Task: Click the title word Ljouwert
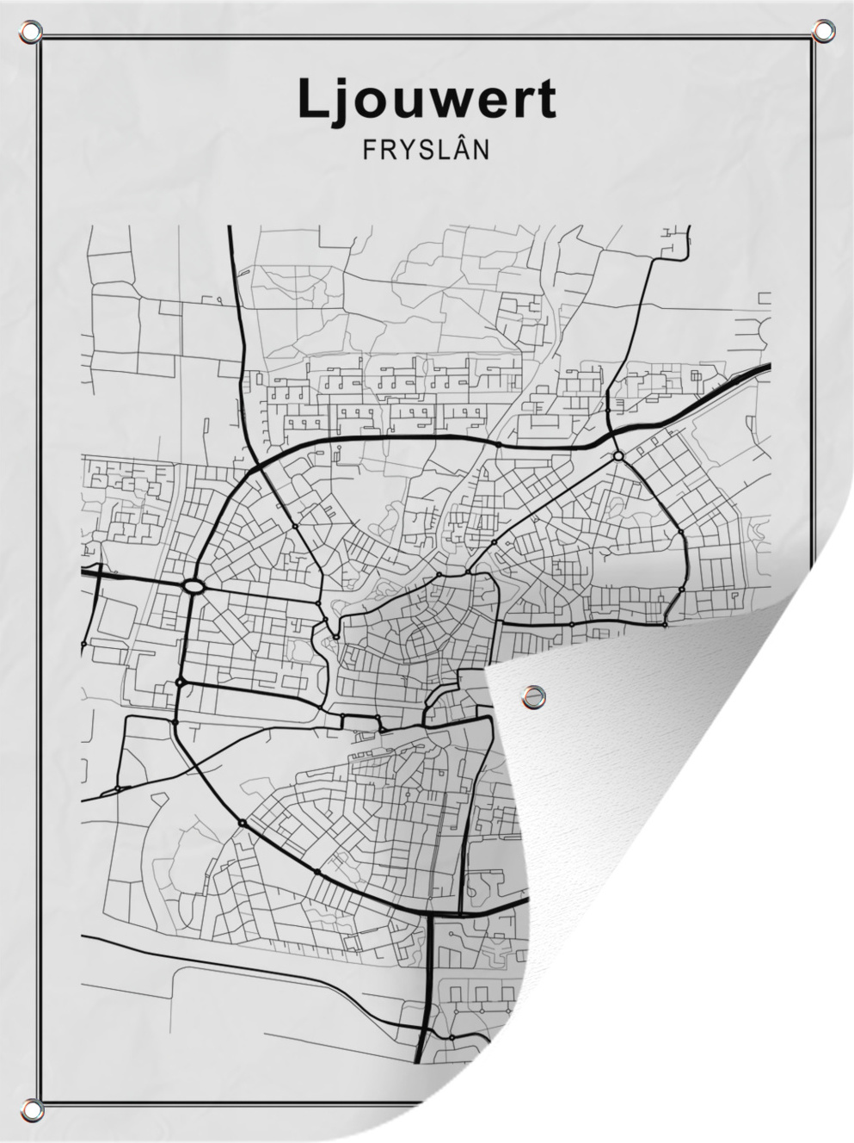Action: [x=427, y=100]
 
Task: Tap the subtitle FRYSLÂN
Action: [x=426, y=149]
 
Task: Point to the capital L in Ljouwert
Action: [x=311, y=100]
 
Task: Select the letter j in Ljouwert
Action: [x=339, y=102]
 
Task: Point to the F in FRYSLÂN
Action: [x=369, y=150]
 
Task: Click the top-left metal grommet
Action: [x=32, y=33]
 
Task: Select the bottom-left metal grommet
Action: [x=32, y=1108]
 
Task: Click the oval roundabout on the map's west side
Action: [x=194, y=586]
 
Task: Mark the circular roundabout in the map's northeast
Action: [x=617, y=455]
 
